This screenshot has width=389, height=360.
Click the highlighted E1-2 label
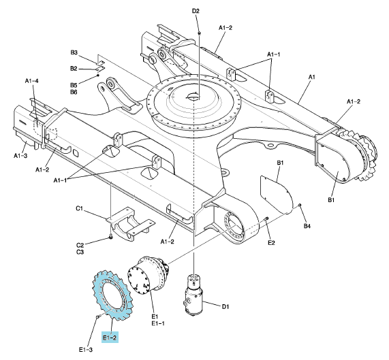(110, 338)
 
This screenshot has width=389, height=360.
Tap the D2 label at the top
(196, 11)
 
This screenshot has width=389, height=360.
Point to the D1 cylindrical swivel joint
(194, 295)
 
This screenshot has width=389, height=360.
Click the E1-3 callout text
(86, 350)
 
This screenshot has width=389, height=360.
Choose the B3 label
(74, 52)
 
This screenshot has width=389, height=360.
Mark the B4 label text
(307, 226)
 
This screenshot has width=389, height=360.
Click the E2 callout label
(271, 243)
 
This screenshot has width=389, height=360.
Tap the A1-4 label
(32, 81)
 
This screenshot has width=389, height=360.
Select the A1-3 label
(20, 156)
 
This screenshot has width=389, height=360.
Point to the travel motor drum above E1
(149, 276)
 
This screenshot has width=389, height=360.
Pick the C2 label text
(80, 245)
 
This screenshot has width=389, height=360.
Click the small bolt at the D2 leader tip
(199, 33)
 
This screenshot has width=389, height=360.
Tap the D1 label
(225, 307)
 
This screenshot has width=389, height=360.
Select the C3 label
(80, 252)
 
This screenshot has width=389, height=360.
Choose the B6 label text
(74, 92)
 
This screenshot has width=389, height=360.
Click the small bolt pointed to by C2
(110, 238)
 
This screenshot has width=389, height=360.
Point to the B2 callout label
(74, 69)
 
